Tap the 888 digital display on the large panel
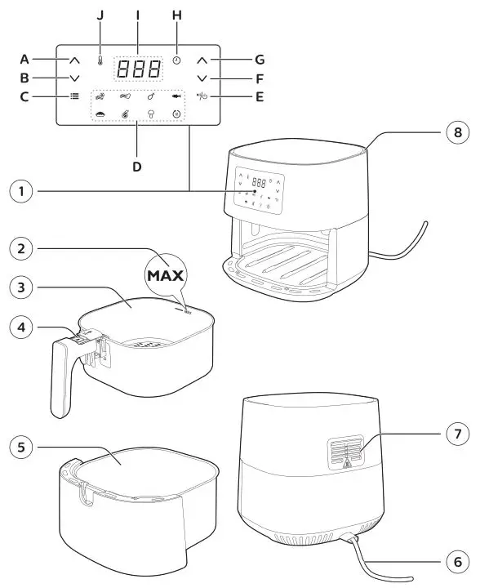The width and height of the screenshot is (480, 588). [136, 69]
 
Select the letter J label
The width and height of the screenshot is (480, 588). [100, 14]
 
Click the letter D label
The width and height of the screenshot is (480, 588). [136, 167]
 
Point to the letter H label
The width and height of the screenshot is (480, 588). [176, 14]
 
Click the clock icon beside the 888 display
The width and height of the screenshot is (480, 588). [176, 61]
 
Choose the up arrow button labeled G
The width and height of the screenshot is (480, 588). [202, 60]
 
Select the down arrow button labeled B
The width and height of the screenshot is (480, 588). [74, 78]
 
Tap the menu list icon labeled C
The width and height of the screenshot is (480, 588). [74, 96]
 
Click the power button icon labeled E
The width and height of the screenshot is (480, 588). [202, 96]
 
